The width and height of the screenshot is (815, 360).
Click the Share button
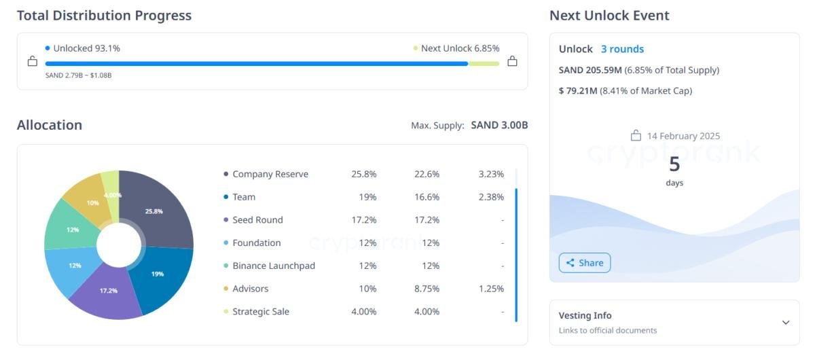(x=585, y=263)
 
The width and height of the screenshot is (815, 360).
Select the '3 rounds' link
(x=622, y=49)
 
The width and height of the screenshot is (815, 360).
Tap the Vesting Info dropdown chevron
(x=786, y=323)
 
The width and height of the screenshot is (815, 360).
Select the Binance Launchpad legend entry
(x=274, y=266)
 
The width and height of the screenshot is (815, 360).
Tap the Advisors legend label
(x=251, y=289)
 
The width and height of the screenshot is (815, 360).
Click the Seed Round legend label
(x=257, y=220)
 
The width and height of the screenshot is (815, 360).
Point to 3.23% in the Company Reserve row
(x=491, y=174)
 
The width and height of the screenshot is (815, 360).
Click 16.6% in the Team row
(x=427, y=197)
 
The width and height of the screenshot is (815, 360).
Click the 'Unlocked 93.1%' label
(x=86, y=48)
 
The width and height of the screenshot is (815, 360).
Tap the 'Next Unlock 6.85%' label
(x=460, y=48)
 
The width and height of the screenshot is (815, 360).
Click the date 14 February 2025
(x=683, y=136)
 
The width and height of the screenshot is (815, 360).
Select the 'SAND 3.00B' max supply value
(x=499, y=125)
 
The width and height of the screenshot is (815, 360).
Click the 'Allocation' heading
(x=50, y=125)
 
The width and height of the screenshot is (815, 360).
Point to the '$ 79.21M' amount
(x=578, y=90)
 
